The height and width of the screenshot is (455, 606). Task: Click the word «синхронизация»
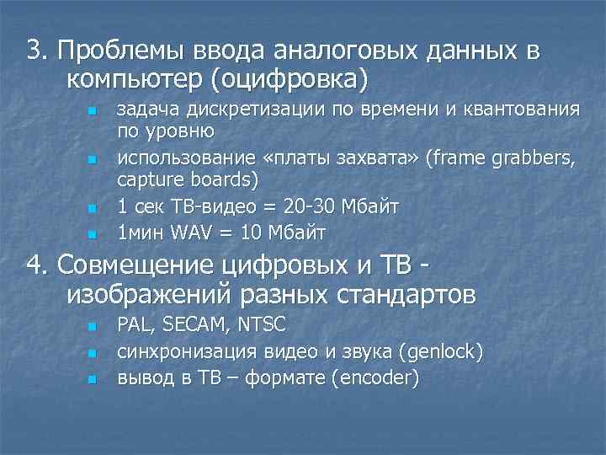[186, 351]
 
